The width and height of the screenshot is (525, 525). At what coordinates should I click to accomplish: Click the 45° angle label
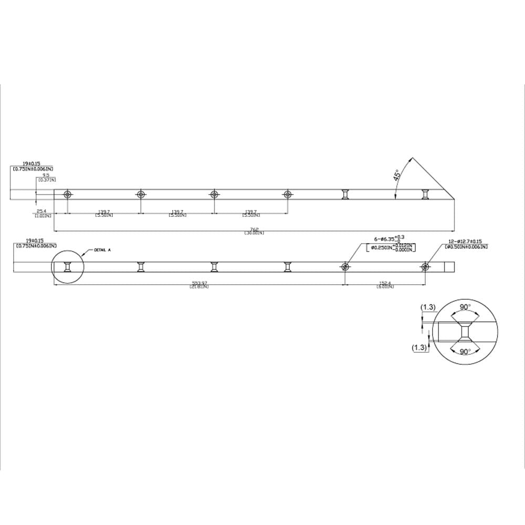pos(397,175)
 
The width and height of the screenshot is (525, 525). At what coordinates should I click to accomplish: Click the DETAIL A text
pos(102,250)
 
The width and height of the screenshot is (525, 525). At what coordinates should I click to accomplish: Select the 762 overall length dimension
pos(254,229)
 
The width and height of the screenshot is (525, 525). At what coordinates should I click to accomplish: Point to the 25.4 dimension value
pos(43,212)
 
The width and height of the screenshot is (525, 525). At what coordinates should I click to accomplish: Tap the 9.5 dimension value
pos(46,176)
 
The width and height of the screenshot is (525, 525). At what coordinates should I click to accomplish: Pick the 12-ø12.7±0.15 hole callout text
pos(466,241)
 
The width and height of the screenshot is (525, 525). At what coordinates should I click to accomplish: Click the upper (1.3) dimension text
pos(428,307)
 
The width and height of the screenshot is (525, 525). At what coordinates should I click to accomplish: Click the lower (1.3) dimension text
pos(421,347)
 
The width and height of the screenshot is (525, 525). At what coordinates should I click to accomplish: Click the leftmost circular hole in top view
pos(67,194)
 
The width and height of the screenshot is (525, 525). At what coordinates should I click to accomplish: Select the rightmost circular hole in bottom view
pos(425,267)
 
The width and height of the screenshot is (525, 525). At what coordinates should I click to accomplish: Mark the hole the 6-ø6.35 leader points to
pos(345,267)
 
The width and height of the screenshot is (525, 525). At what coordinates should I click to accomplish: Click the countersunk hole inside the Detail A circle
pos(67,267)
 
